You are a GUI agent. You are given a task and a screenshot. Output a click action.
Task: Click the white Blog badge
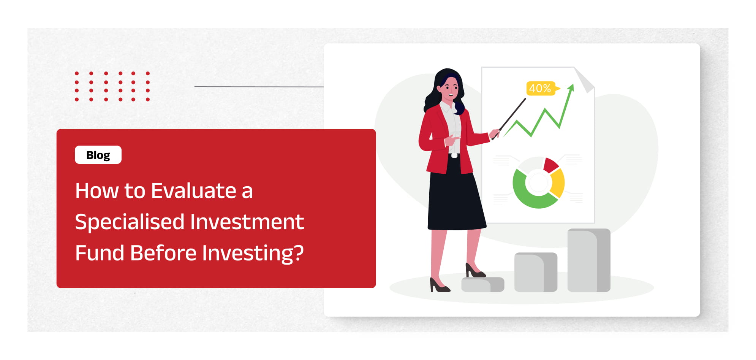tap(98, 155)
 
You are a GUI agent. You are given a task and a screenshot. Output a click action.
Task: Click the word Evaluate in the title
tap(194, 190)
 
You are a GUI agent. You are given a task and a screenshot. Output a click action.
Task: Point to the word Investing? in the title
tap(253, 254)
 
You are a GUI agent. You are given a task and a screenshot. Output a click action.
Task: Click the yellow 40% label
tap(540, 89)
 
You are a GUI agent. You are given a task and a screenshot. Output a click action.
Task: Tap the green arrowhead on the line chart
tap(571, 88)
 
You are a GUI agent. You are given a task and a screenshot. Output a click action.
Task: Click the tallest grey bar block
tap(589, 260)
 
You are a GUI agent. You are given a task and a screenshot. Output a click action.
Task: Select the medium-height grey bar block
tap(536, 272)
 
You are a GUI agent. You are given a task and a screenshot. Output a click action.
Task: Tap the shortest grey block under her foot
tap(482, 284)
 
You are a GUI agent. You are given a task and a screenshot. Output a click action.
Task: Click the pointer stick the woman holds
tap(509, 119)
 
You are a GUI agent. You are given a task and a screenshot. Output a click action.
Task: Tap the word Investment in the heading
tap(247, 222)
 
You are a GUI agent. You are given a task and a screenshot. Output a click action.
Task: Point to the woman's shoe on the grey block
tap(475, 270)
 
